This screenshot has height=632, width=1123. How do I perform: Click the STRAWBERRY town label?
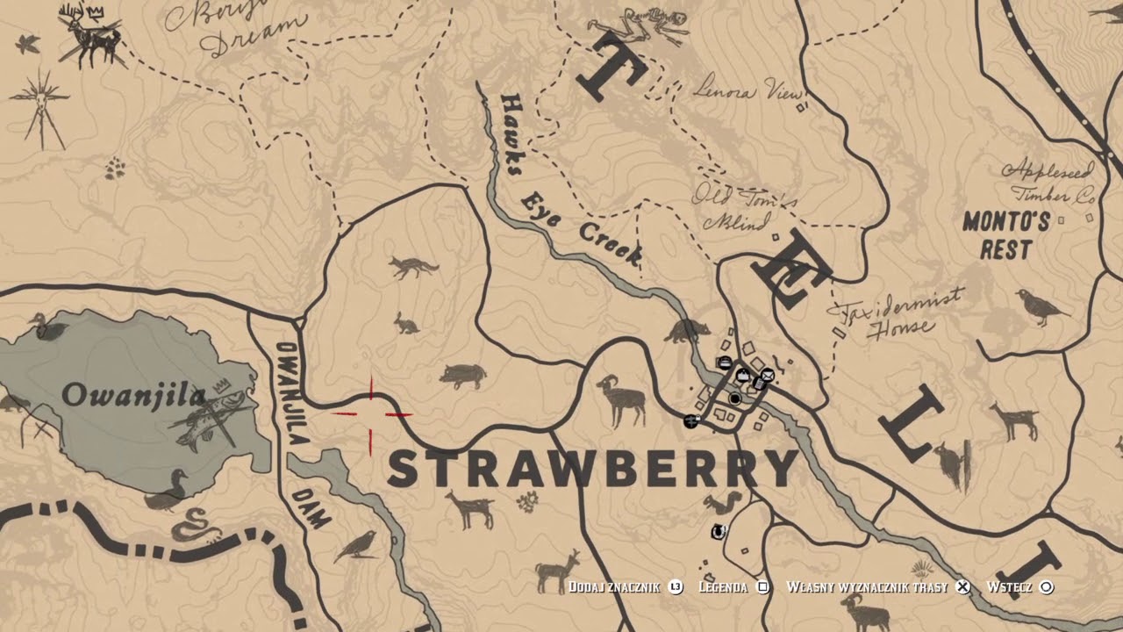(x=592, y=469)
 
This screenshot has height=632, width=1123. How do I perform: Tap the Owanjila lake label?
(x=133, y=396)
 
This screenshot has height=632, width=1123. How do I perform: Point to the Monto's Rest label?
(x=1005, y=235)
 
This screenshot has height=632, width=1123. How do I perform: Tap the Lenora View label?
(x=747, y=88)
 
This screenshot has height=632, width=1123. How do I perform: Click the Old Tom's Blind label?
(x=744, y=208)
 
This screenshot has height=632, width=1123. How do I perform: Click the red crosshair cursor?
(x=371, y=413)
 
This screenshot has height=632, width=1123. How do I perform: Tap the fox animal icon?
(x=414, y=266)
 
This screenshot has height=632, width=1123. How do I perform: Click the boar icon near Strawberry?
(x=463, y=375)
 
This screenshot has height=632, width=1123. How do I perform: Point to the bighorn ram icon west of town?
(x=622, y=400)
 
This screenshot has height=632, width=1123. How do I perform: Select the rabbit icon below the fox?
(x=404, y=323)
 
